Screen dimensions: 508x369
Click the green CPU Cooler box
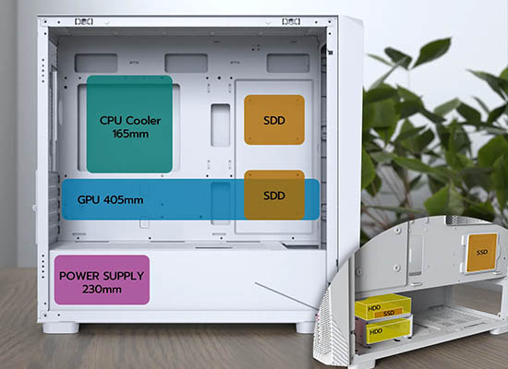[x=129, y=124]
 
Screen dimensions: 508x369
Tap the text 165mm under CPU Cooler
[x=130, y=134]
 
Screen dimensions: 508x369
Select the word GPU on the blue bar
[x=89, y=199]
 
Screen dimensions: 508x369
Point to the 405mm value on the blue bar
[x=124, y=199]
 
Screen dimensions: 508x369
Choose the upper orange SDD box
[x=274, y=120]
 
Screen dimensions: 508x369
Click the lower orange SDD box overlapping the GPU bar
[x=274, y=196]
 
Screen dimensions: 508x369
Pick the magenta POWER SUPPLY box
[x=102, y=280]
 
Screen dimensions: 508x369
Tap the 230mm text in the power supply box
[x=102, y=289]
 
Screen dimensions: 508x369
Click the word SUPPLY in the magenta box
[x=123, y=276]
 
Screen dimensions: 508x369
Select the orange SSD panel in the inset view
[x=482, y=253]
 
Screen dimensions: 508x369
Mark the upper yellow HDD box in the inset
[x=383, y=306]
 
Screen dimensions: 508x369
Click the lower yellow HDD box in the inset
[x=388, y=330]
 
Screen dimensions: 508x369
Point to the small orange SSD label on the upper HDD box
[x=389, y=313]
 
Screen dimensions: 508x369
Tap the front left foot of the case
[x=61, y=327]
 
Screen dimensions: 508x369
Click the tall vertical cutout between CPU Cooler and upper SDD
[x=221, y=125]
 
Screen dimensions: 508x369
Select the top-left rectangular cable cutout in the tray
[x=96, y=63]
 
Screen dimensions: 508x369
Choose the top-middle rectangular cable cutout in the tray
[x=187, y=63]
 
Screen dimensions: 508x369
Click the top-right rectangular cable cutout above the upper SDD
[x=288, y=63]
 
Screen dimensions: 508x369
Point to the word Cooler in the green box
[x=143, y=121]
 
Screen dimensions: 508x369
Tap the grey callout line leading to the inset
[x=286, y=296]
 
